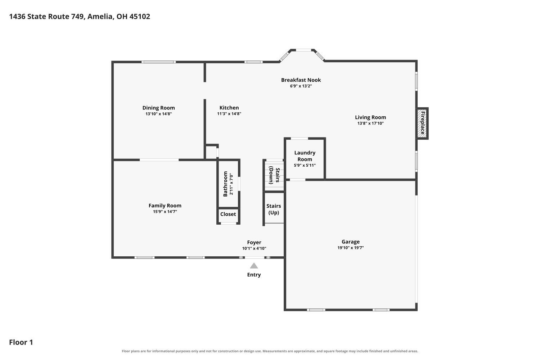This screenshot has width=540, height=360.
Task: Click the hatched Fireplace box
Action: pos(423,123)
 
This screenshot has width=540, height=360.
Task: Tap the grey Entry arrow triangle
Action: pos(254,266)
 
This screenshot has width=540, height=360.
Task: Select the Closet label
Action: pos(228,214)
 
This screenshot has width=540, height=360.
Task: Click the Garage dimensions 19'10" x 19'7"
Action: pos(351,248)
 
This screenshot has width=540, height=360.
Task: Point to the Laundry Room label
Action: pos(305,156)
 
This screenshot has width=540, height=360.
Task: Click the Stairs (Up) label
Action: pos(274,209)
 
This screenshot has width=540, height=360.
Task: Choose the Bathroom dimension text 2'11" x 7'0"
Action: pos(231,184)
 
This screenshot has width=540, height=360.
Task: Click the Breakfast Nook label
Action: pos(301,80)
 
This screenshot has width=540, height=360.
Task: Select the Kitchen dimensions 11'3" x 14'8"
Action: pos(229,114)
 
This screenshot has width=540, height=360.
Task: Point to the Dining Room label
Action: pos(159,108)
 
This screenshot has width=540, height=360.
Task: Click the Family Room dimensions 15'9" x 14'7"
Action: pos(165,212)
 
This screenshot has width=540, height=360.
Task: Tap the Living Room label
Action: pos(370,117)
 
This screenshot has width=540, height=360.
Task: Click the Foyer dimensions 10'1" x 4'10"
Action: pos(254,248)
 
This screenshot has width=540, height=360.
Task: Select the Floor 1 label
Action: pos(21,342)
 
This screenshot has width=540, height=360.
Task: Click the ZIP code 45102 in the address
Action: pos(140,17)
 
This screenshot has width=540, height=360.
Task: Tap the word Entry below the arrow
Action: pos(254,275)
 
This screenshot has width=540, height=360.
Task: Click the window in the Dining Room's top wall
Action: pos(159,62)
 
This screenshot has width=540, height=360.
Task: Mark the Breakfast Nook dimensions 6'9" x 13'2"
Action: pos(301,86)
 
